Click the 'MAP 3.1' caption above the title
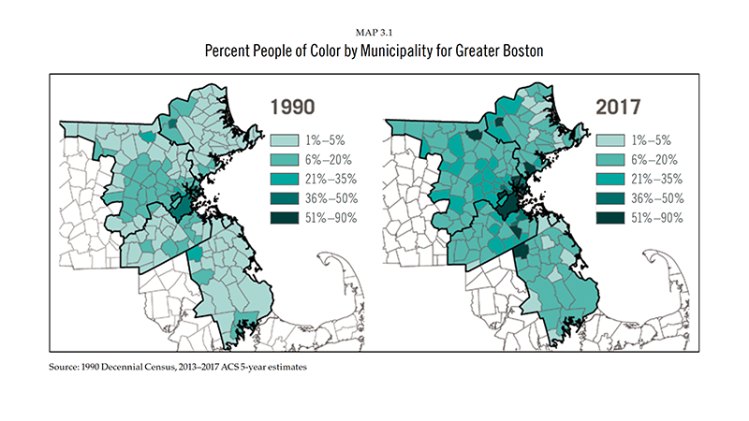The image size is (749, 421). [x=374, y=35]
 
